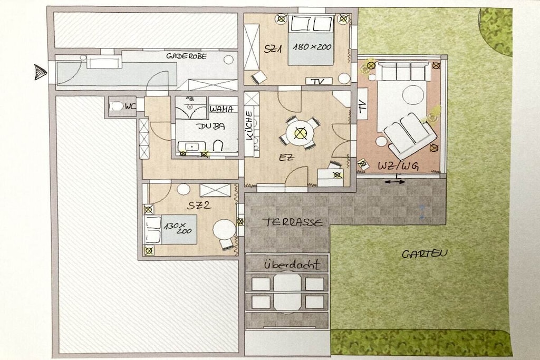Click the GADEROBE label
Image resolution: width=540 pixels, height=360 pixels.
coord(186,56)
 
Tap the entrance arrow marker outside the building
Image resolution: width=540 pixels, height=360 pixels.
coord(40,72)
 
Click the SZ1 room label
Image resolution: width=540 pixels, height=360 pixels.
coord(273,49)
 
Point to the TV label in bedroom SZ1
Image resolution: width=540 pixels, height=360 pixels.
coord(319,82)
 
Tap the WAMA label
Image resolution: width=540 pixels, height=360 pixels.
coord(222,109)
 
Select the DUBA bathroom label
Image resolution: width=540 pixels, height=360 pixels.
coord(211,126)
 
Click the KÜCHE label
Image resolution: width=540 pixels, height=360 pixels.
coord(249,125)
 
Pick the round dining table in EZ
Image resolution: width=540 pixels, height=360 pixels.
coord(300,133)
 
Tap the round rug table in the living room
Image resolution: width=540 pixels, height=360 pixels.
coord(413,95)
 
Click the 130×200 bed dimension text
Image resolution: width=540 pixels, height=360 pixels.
coord(178,228)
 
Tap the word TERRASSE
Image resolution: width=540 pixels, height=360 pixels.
coord(293,222)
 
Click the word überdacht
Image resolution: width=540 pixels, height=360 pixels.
coord(292,264)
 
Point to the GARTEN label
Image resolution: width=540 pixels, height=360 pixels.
coord(425,254)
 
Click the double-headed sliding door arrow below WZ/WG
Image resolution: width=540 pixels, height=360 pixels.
coord(395,182)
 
